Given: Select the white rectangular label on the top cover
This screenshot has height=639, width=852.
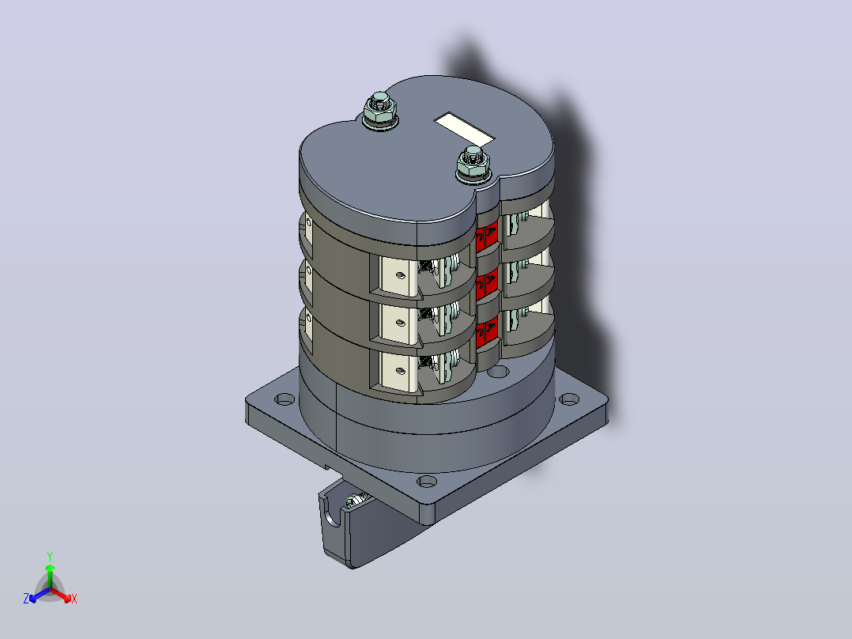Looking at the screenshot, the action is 464,130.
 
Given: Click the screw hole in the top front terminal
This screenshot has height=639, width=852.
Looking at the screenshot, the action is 401,275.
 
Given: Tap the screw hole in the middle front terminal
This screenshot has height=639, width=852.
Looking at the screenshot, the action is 401,323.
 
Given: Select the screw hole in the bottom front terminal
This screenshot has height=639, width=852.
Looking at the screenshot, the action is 401,371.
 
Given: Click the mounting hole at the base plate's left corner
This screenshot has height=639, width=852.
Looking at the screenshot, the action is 285,399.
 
